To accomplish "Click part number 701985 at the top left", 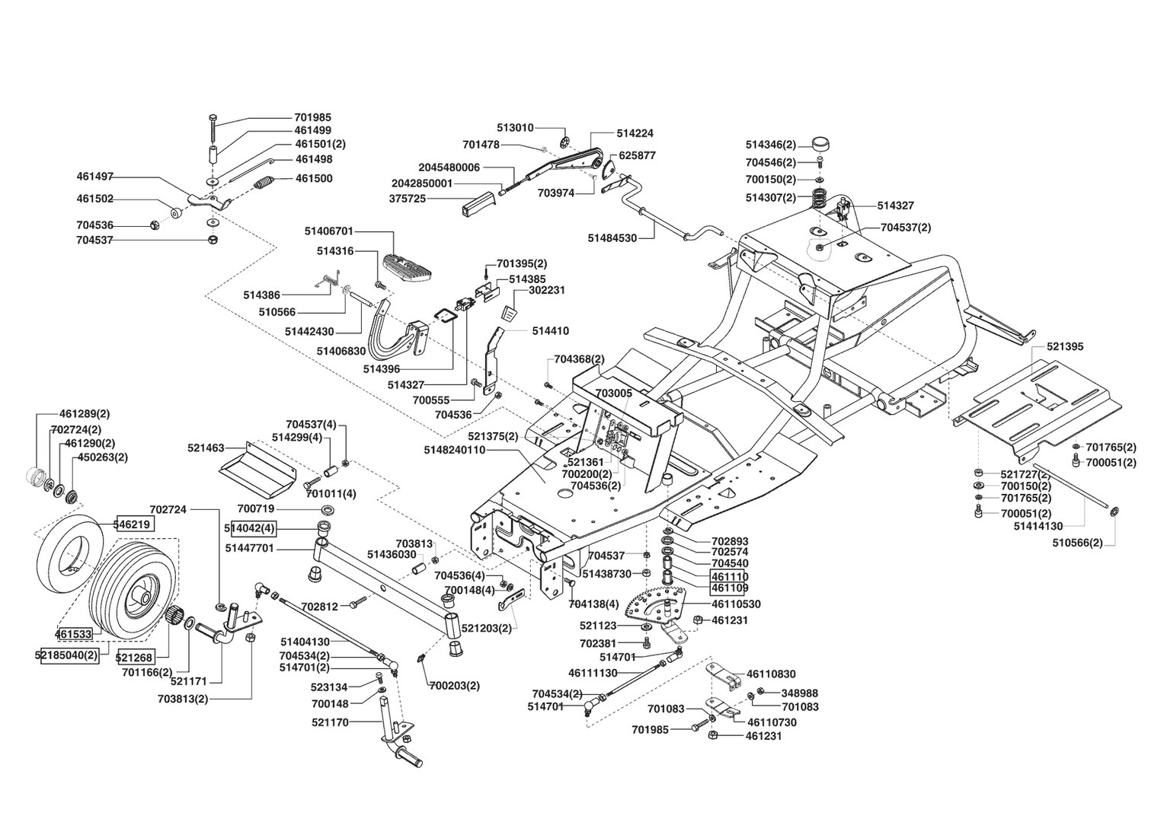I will pyautogui.click(x=312, y=118).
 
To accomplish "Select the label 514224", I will pyautogui.click(x=635, y=133).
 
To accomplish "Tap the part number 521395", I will pyautogui.click(x=1064, y=347).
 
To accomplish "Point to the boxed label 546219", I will pyautogui.click(x=133, y=524).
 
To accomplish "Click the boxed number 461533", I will pyautogui.click(x=73, y=633).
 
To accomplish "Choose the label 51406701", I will pyautogui.click(x=328, y=230).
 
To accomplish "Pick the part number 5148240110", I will pyautogui.click(x=454, y=450).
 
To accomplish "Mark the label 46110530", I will pyautogui.click(x=736, y=604).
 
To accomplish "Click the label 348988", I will pyautogui.click(x=799, y=693).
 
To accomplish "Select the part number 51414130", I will pyautogui.click(x=1038, y=526).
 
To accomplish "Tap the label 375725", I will pyautogui.click(x=408, y=199).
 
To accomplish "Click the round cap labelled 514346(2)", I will pyautogui.click(x=820, y=144).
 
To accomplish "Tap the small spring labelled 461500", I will pyautogui.click(x=264, y=183).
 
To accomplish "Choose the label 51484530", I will pyautogui.click(x=612, y=238).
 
